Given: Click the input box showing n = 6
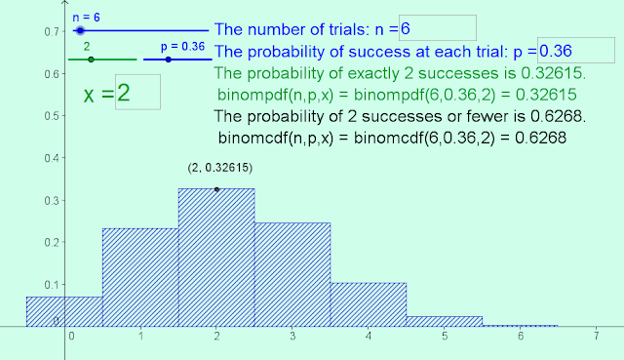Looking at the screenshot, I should click(438, 28).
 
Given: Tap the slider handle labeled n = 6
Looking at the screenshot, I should click(81, 31).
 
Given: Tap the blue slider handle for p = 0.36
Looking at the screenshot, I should click(169, 60).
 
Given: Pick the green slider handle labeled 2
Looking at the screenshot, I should click(91, 60).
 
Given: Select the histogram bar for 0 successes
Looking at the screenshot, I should click(64, 311).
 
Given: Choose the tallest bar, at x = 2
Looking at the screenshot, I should click(216, 259).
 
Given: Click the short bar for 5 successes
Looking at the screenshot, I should click(445, 321).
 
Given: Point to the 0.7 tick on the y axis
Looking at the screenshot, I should click(50, 31).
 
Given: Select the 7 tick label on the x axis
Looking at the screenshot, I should click(595, 335).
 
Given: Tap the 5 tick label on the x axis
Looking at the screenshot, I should click(444, 335).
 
